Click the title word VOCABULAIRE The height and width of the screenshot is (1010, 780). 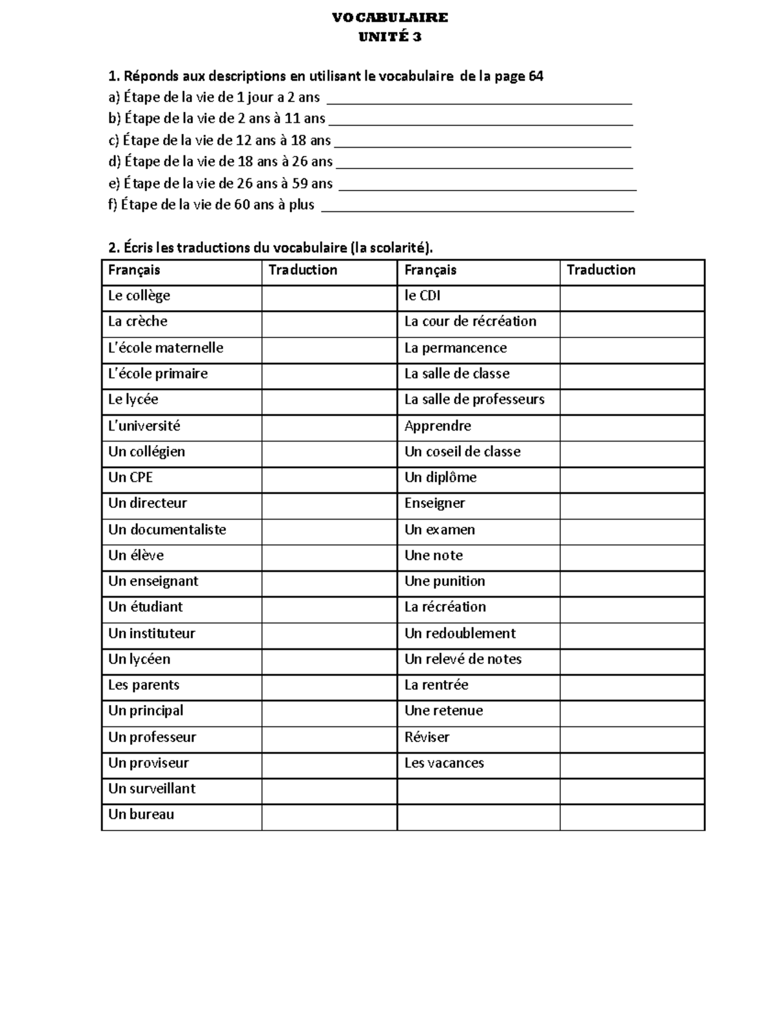(x=389, y=18)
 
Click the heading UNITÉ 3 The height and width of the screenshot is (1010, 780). (x=389, y=37)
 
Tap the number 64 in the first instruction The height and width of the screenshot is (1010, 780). (x=536, y=76)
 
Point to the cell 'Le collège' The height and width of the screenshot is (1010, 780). (x=139, y=296)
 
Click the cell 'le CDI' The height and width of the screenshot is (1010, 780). (x=422, y=296)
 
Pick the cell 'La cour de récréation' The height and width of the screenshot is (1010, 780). (x=470, y=321)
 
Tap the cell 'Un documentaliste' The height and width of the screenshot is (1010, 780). (x=167, y=529)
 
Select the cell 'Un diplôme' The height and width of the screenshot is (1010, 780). (x=440, y=477)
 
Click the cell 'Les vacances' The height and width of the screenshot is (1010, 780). (x=444, y=763)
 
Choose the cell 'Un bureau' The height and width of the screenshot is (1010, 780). (x=141, y=814)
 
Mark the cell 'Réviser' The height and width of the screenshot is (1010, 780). (x=426, y=737)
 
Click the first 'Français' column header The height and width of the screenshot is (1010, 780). (x=134, y=270)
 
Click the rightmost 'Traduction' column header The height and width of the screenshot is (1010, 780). (x=601, y=270)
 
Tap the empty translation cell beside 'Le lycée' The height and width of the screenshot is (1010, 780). (x=329, y=399)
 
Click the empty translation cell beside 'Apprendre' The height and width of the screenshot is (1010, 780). (x=632, y=426)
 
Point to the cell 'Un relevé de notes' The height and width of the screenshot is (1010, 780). (x=463, y=659)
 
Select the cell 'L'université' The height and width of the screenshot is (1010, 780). (x=144, y=426)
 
